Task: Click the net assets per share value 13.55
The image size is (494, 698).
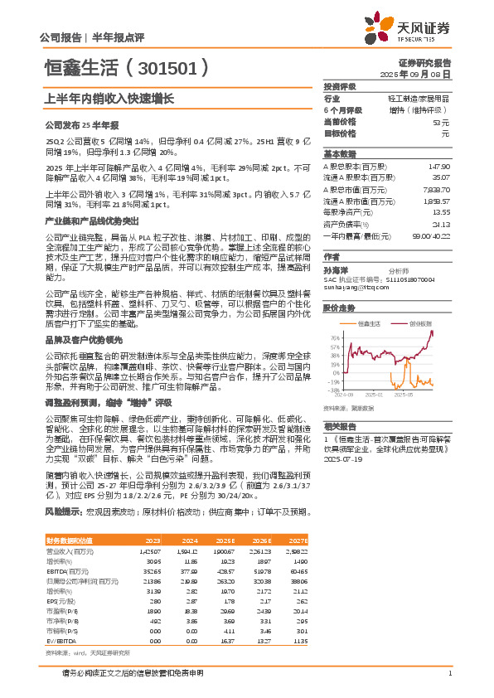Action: [x=440, y=212]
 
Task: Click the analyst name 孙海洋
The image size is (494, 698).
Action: [x=336, y=270]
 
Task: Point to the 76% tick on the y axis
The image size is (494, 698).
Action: [x=333, y=338]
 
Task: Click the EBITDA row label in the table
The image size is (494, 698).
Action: [x=60, y=570]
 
